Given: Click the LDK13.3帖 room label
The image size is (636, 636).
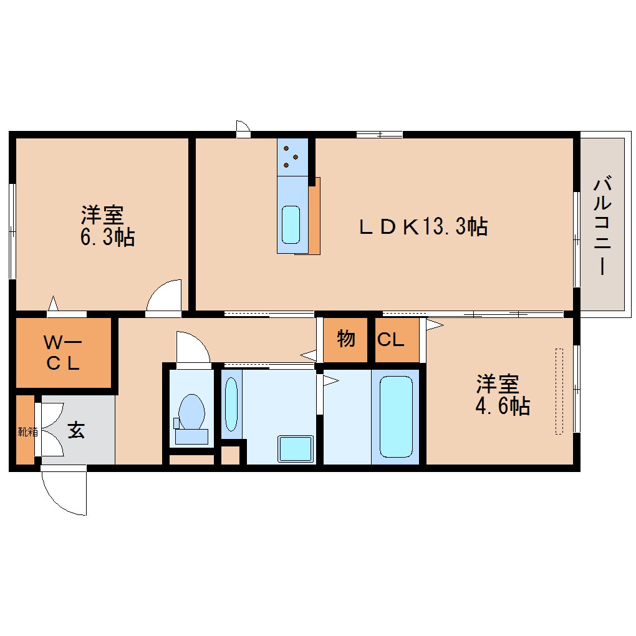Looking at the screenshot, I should (x=423, y=227).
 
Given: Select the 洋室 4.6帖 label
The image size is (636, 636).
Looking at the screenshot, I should (x=503, y=395).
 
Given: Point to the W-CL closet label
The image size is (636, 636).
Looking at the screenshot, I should (x=62, y=353).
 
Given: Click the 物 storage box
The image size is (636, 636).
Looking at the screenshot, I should (x=346, y=340).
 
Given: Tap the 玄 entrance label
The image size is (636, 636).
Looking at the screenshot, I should (x=76, y=430).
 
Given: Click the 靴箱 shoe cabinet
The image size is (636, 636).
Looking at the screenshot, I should (x=25, y=430).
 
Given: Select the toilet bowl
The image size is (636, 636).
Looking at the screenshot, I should (x=191, y=412).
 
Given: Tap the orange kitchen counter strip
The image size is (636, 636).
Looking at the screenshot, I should (x=315, y=215).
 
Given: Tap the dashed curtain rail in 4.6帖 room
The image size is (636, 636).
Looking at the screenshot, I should (x=559, y=391).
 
